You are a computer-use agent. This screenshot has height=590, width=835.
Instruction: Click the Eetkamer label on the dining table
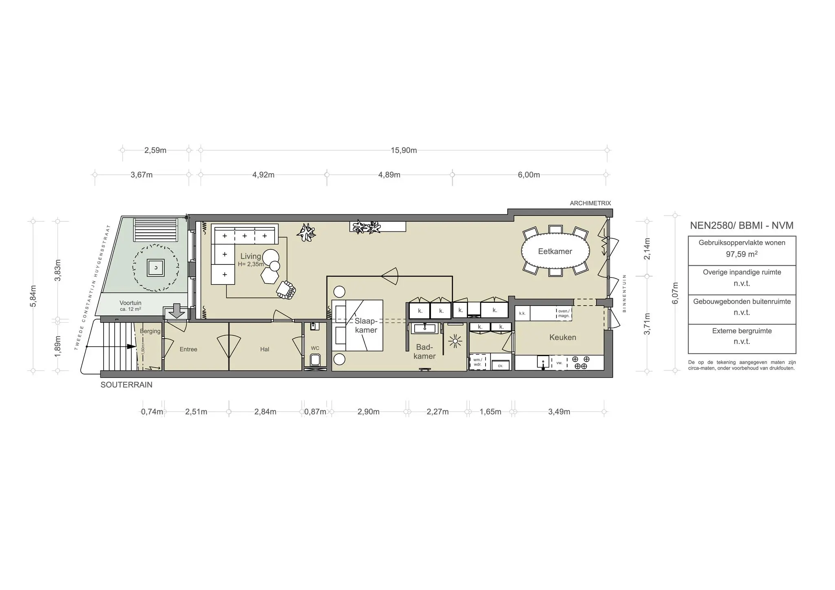555,251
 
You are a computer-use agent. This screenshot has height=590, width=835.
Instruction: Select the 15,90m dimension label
404,150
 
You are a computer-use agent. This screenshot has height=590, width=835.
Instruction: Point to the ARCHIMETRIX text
590,203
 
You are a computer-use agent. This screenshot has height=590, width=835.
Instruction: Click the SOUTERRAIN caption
126,385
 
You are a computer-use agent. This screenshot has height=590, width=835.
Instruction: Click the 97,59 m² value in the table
742,254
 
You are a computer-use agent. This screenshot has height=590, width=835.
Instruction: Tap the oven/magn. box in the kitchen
563,313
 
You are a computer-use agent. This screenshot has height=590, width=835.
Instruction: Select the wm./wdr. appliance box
477,362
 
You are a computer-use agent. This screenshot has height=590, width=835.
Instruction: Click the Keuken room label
563,337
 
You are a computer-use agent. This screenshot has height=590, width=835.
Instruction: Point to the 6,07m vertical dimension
675,293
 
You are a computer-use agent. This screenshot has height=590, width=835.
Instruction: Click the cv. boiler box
500,365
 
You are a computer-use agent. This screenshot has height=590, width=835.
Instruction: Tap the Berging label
150,331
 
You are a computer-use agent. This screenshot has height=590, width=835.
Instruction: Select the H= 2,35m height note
251,264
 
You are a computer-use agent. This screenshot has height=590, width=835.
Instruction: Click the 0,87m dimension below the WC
315,412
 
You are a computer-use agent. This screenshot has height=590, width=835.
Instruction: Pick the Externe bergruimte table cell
742,336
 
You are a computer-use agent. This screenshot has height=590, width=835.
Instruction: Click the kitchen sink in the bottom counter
543,362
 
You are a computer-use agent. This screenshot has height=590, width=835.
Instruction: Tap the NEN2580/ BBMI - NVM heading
742,225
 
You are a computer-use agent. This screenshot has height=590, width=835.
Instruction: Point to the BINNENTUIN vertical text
624,293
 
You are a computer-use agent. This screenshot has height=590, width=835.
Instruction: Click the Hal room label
265,349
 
